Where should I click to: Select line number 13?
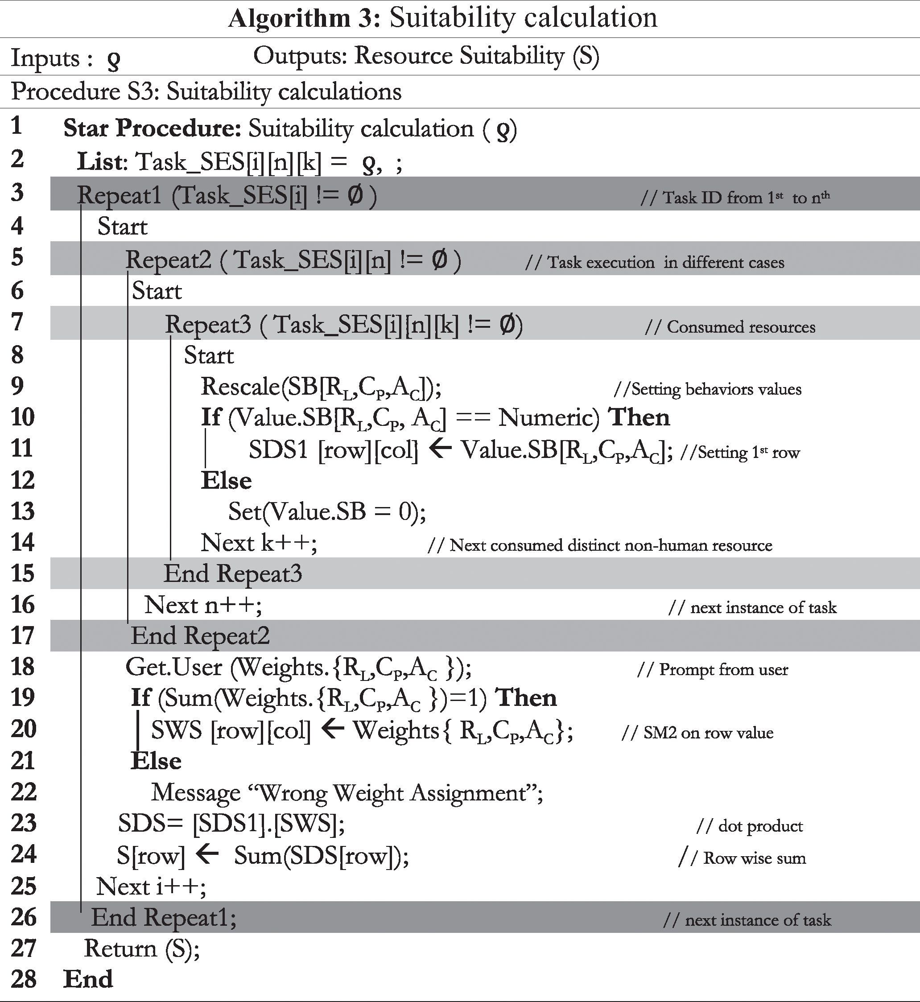point(23,511)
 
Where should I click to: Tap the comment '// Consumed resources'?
point(730,327)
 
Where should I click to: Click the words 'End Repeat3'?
point(233,574)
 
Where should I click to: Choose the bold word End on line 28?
point(88,980)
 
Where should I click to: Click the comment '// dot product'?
point(749,826)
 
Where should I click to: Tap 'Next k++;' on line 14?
point(259,543)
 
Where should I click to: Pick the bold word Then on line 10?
point(639,417)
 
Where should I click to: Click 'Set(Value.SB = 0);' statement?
point(327,511)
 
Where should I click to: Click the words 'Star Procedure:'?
point(153,128)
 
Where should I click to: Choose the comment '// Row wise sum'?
point(742,858)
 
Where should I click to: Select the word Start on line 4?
point(123,227)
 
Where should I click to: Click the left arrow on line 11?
point(440,449)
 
